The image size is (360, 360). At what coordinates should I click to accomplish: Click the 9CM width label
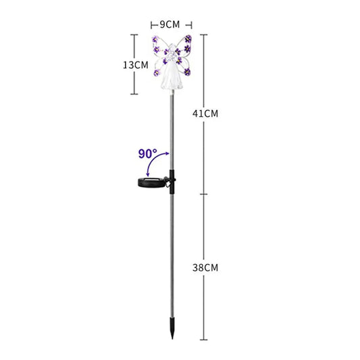[170, 24]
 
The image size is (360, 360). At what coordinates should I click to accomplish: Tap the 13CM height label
[136, 66]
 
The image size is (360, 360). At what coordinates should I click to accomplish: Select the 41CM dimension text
[205, 113]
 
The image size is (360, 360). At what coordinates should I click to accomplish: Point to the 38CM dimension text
[205, 267]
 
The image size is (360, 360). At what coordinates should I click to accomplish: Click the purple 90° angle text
[148, 154]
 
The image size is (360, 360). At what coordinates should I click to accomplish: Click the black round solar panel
[151, 182]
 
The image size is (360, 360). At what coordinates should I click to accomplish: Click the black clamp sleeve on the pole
[172, 182]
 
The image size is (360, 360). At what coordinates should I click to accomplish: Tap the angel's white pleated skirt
[172, 78]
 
